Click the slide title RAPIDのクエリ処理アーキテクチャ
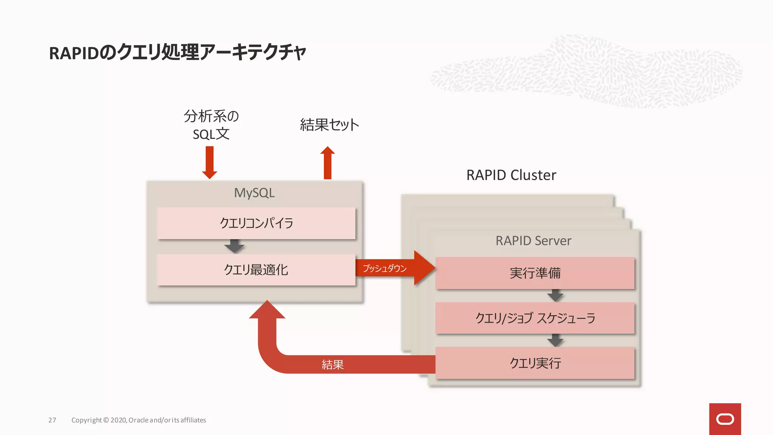pos(177,52)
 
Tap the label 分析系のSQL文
pos(211,125)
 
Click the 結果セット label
pos(329,125)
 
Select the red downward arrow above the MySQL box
pos(209,162)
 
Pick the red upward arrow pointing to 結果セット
pos(328,162)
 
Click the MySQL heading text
pos(254,193)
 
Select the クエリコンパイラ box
pos(256,223)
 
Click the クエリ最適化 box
pos(256,270)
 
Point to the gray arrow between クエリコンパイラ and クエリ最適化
pos(234,246)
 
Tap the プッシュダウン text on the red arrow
pos(385,268)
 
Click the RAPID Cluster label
pos(511,175)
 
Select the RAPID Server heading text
pos(533,241)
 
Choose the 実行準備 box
pos(535,273)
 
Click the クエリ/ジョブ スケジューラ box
pos(535,318)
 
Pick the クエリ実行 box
pos(535,363)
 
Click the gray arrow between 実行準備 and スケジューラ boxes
pos(555,295)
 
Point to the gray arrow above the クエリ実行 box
pos(555,340)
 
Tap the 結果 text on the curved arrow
pos(333,364)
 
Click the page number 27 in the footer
pos(52,420)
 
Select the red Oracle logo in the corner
pos(725,419)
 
